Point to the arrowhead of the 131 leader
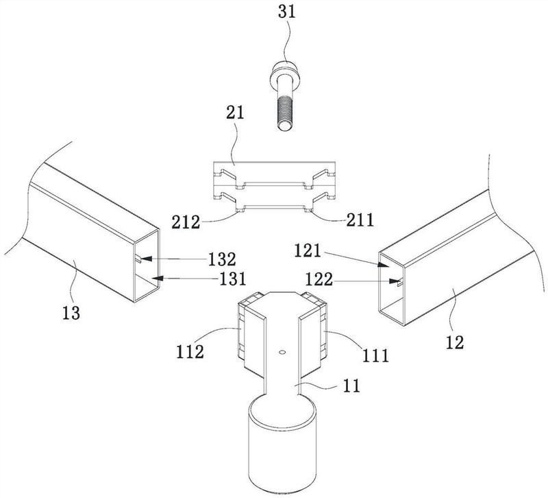tap(154, 278)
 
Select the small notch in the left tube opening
tap(140, 259)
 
